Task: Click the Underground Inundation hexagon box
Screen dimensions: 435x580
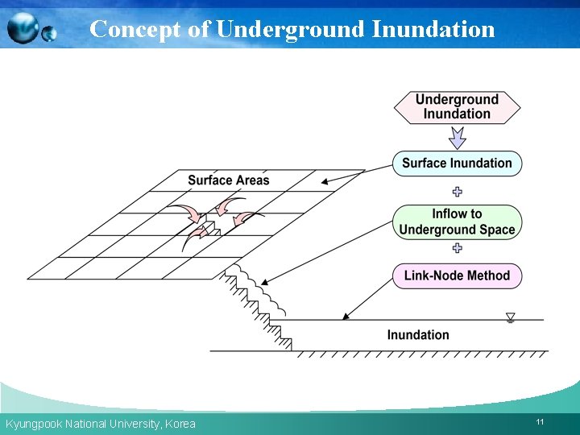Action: point(457,107)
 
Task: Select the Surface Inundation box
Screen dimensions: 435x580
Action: point(457,164)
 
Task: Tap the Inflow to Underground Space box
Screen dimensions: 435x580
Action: point(457,222)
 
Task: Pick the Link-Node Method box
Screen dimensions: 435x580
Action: point(457,275)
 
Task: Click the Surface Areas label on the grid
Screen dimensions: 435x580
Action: point(229,180)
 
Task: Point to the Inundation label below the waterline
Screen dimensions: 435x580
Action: point(418,335)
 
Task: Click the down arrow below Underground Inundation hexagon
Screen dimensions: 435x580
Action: point(457,139)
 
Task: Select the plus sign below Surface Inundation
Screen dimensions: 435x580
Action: point(457,192)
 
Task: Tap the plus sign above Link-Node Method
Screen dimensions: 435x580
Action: point(457,249)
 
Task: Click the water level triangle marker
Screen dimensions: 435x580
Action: point(510,317)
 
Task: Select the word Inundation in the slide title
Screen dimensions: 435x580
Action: point(433,30)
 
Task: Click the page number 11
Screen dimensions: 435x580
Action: point(540,422)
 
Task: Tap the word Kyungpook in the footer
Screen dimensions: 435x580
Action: point(33,424)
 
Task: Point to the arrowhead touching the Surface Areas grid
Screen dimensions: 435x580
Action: point(325,182)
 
